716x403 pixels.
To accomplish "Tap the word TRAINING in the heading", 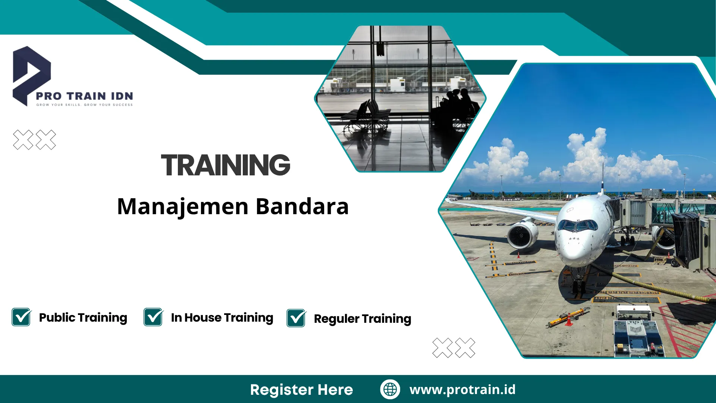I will pyautogui.click(x=225, y=165).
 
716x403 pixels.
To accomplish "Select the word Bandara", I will pyautogui.click(x=302, y=206).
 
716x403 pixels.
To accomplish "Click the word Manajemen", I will pyautogui.click(x=183, y=207).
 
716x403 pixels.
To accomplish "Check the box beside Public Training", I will pyautogui.click(x=21, y=317).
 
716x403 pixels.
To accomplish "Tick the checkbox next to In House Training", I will pyautogui.click(x=153, y=317).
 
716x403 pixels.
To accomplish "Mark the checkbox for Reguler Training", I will pyautogui.click(x=296, y=318).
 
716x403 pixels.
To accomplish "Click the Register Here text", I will pyautogui.click(x=301, y=390).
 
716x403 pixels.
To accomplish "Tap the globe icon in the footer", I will pyautogui.click(x=390, y=389).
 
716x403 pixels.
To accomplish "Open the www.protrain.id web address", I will pyautogui.click(x=462, y=390).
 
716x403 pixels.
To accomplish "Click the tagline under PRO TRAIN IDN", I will pyautogui.click(x=84, y=105).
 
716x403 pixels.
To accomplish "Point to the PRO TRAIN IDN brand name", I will pyautogui.click(x=84, y=96).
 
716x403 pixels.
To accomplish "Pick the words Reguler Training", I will pyautogui.click(x=362, y=319).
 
